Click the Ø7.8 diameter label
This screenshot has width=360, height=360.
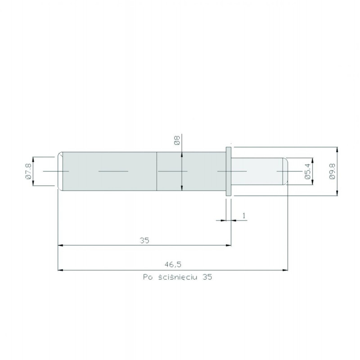point(28,171)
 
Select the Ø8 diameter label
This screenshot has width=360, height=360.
point(176,140)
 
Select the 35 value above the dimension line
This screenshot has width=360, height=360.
point(144,240)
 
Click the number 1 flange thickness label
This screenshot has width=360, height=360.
point(243,216)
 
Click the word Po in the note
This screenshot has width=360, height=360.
point(147,278)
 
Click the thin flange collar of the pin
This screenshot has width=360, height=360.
point(228,171)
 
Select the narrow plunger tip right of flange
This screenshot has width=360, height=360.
point(256,171)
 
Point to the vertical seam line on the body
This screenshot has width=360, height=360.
point(156,171)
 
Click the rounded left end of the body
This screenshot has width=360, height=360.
point(60,171)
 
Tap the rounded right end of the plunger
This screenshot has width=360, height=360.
point(285,171)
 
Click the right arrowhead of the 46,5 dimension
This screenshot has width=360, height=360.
point(285,270)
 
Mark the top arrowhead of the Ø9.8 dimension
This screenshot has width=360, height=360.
point(337,149)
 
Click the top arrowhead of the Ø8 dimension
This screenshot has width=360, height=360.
point(181,154)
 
